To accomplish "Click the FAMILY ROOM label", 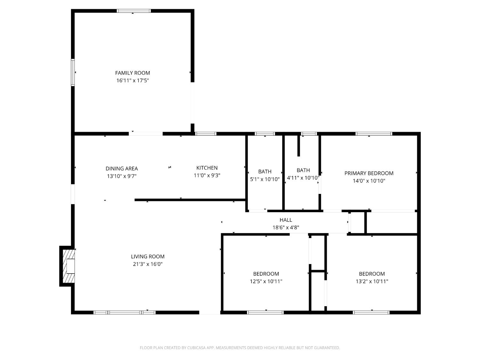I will tap(132, 73).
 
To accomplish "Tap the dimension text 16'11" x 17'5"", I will tap(132, 81).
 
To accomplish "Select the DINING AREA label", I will tap(122, 169).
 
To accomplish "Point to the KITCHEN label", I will tap(207, 168).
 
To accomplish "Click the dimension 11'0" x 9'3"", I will tap(207, 175).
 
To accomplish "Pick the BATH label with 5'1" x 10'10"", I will tap(265, 172).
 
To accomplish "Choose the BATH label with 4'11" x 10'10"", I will tap(303, 170).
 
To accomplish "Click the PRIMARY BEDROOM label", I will tap(369, 173).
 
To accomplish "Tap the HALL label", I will tap(285, 220).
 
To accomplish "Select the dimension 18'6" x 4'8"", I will tap(285, 228).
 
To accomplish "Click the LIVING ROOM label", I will tap(148, 257).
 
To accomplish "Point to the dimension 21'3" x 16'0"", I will tap(148, 264).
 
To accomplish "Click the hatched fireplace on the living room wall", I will tap(68, 266).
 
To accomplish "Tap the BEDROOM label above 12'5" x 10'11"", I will tap(266, 274).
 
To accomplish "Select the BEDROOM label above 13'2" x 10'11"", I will tap(372, 274).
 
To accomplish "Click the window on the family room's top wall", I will tap(134, 11).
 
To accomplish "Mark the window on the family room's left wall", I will tap(73, 72).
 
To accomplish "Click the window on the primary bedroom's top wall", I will tap(374, 134).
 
